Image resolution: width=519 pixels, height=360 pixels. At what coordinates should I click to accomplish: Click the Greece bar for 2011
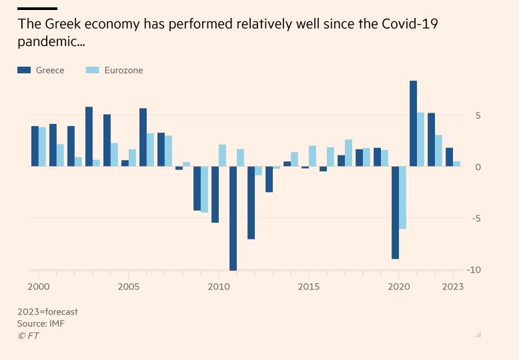click(x=233, y=218)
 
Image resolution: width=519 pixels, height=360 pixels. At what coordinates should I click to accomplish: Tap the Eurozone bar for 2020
click(x=402, y=197)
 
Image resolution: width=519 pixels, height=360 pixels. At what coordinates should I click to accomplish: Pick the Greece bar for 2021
click(x=413, y=123)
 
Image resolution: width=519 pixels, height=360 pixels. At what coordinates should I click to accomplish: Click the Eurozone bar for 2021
click(x=420, y=139)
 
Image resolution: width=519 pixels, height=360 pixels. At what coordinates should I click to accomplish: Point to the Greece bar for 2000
click(x=35, y=146)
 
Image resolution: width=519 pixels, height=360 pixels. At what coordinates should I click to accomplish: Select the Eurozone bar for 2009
click(x=204, y=189)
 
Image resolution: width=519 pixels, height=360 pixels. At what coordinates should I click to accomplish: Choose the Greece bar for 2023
click(x=449, y=157)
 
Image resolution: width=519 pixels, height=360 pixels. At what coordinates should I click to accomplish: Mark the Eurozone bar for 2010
click(x=222, y=155)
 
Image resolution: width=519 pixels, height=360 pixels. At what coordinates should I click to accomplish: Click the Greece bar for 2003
click(x=89, y=137)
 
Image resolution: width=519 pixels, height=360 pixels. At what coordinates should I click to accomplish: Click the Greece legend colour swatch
click(x=25, y=70)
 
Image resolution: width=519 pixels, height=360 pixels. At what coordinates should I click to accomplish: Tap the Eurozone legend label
click(x=123, y=70)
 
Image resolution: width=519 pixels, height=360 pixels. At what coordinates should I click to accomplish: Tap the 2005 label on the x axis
click(x=129, y=287)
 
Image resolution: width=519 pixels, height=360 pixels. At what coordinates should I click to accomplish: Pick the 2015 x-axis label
click(x=309, y=287)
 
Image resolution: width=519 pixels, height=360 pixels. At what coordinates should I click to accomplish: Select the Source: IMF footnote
click(x=41, y=323)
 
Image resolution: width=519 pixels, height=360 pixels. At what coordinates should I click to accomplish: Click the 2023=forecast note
click(x=47, y=311)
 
